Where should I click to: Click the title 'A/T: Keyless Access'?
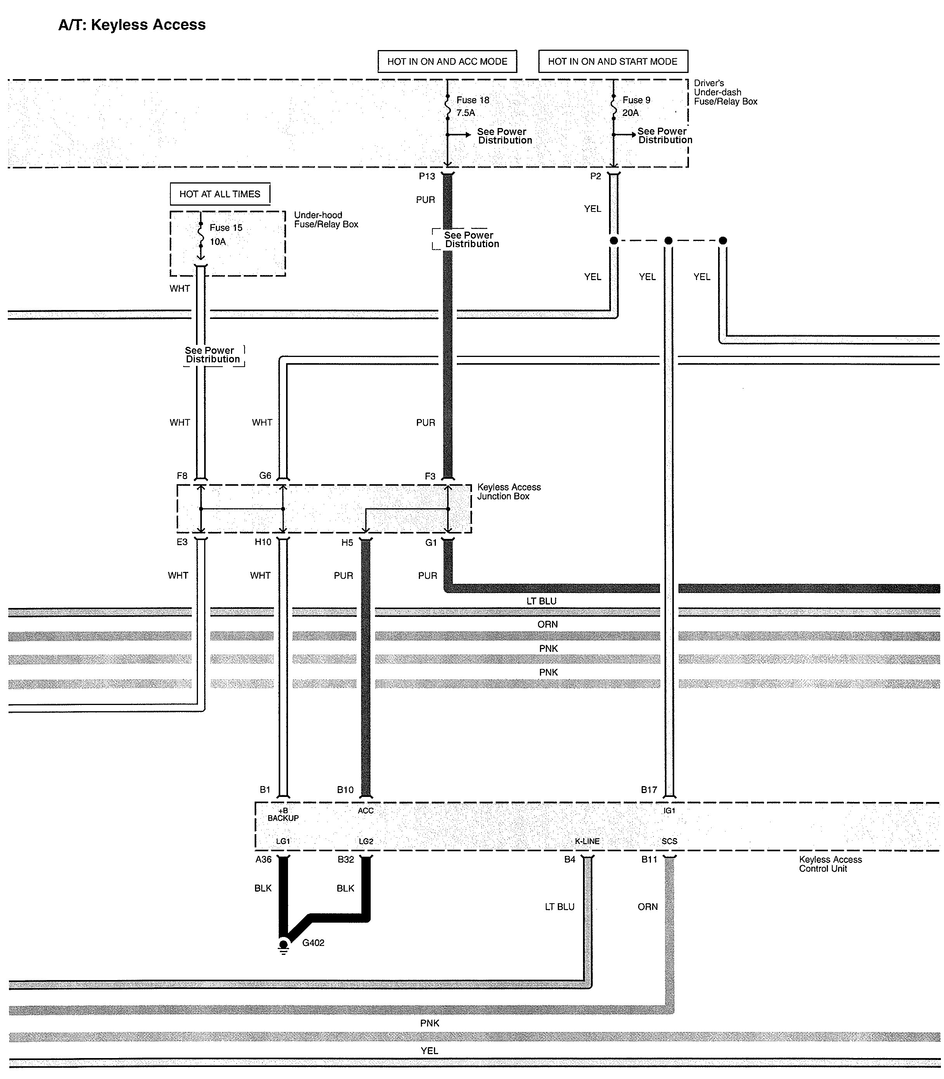(x=132, y=25)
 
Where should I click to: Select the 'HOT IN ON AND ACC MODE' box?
(x=447, y=62)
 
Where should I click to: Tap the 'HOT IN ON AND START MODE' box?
(x=613, y=62)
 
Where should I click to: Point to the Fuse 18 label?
(x=472, y=100)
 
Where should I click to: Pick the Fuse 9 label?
(x=636, y=100)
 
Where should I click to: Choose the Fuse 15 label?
(x=226, y=227)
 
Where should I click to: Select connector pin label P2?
(x=595, y=177)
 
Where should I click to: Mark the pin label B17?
(x=649, y=790)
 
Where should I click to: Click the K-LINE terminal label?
(x=587, y=841)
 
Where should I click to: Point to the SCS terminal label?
(x=669, y=841)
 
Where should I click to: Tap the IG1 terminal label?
(x=669, y=811)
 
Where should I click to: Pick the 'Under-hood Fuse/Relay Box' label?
(x=326, y=220)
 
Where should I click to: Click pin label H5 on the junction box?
(x=347, y=542)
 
